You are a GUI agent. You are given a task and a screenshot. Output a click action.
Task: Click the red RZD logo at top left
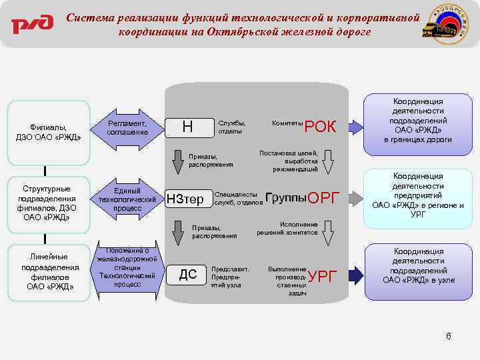pyautogui.click(x=31, y=25)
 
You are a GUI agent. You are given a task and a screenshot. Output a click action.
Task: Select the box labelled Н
pyautogui.click(x=187, y=126)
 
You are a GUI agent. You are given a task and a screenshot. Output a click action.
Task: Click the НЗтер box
pyautogui.click(x=185, y=198)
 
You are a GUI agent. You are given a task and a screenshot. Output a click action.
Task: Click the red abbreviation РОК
pyautogui.click(x=321, y=127)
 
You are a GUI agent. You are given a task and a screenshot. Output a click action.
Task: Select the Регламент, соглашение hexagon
pyautogui.click(x=127, y=127)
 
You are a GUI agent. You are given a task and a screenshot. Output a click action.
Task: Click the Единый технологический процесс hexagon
pyautogui.click(x=127, y=199)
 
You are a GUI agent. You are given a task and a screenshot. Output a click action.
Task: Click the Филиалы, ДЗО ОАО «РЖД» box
pyautogui.click(x=48, y=132)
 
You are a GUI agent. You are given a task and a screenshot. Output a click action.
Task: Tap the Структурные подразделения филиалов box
pyautogui.click(x=48, y=203)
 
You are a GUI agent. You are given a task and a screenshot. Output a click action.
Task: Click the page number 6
pyautogui.click(x=449, y=335)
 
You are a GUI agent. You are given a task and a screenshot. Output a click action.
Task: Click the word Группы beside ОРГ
pyautogui.click(x=285, y=197)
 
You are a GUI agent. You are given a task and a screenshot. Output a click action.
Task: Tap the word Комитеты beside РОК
pyautogui.click(x=287, y=123)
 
